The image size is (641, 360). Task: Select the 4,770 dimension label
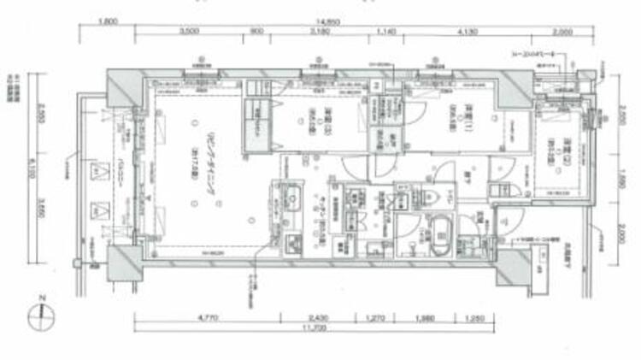209,318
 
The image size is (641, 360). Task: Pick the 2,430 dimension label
320,318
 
